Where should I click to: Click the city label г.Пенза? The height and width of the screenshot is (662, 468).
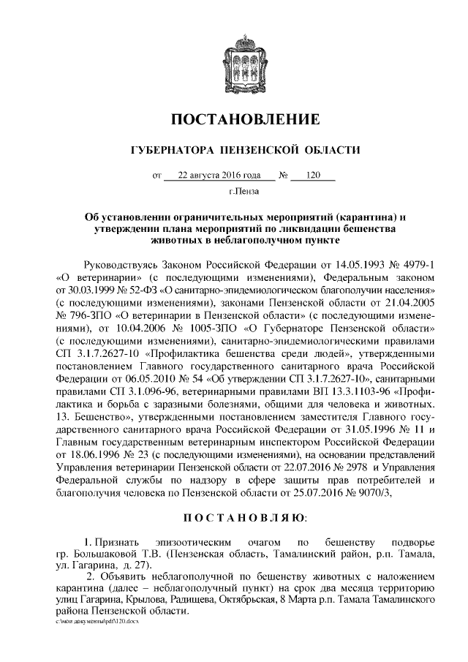244,193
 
